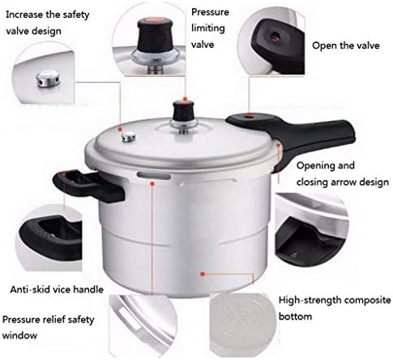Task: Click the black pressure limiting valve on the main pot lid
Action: (184, 112)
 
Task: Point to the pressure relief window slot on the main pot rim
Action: (154, 176)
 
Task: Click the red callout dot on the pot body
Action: (203, 274)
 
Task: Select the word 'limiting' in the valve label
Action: (208, 28)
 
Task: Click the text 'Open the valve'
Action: (346, 45)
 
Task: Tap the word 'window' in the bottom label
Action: (19, 336)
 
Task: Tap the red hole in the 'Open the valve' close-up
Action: (276, 36)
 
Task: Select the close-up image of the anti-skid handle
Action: (49, 237)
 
